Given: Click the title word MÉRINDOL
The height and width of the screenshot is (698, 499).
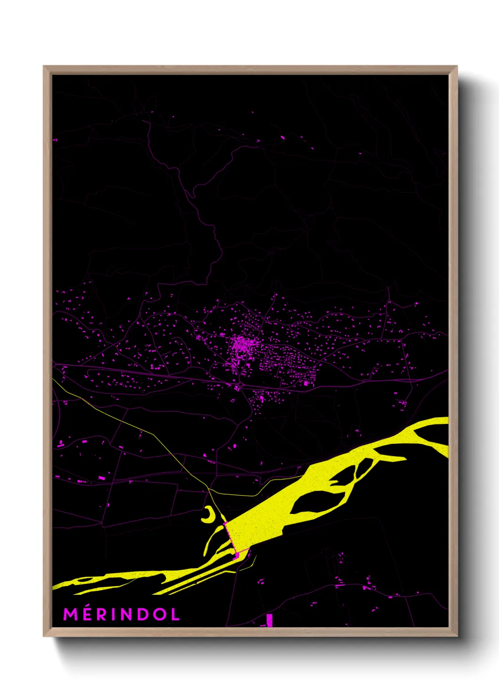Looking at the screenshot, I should coord(122,614).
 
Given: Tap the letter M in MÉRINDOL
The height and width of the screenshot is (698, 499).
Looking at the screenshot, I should coord(70,614).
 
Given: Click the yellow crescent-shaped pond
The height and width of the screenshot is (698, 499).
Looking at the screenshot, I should coord(209,515).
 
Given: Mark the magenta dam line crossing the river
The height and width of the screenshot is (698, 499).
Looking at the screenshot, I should coord(230,538).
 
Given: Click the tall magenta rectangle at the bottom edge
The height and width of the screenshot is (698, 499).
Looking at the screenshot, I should coord(269,620).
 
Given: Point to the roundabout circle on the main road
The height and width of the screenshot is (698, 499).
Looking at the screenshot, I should coord(241,386).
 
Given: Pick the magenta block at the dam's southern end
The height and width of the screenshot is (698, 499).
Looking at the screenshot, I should coord(236,556).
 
